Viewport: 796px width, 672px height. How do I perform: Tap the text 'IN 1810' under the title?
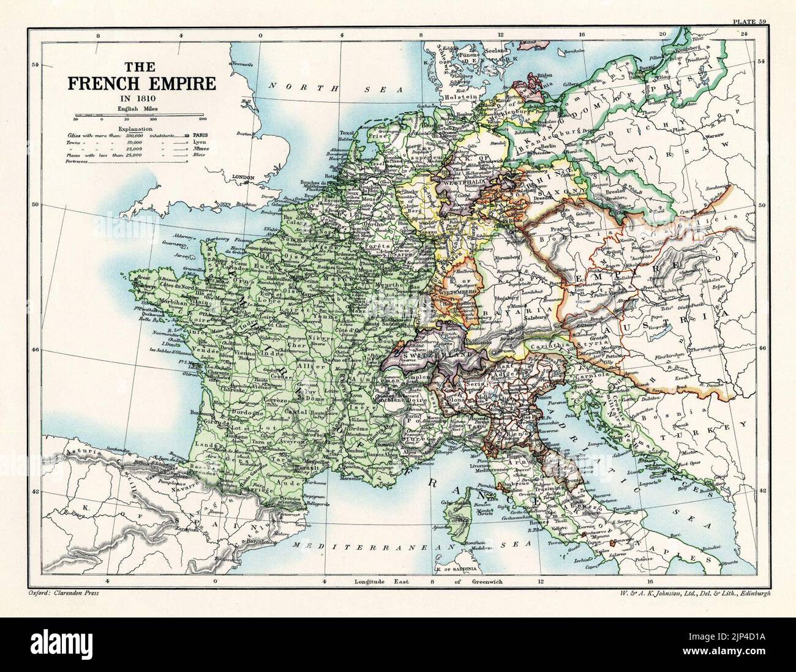pos(141,99)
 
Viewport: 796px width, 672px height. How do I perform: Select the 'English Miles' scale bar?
pos(141,116)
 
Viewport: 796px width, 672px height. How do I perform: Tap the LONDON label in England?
pos(243,178)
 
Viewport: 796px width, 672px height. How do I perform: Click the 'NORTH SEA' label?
pos(336,89)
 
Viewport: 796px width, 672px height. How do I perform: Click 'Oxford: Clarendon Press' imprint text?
pos(63,593)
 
